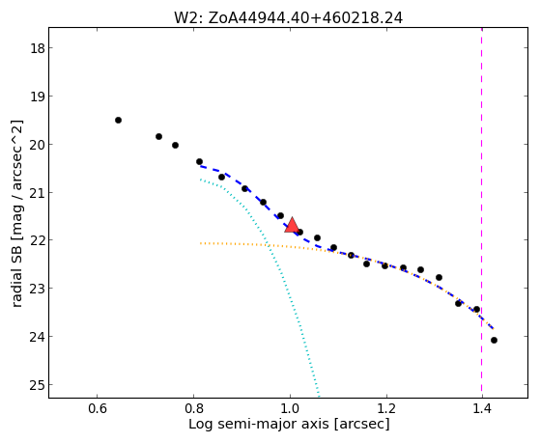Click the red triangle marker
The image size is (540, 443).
[x=292, y=225]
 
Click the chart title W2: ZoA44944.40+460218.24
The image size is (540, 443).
[x=288, y=17]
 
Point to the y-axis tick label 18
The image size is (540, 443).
[x=38, y=48]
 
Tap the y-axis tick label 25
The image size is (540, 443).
[x=38, y=384]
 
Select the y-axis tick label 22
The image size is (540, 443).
[x=38, y=240]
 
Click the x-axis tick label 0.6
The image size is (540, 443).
[x=98, y=408]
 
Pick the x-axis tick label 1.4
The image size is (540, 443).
[x=482, y=408]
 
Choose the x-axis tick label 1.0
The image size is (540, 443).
[x=290, y=408]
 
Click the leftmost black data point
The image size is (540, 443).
[x=118, y=120]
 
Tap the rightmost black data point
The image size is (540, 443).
[x=494, y=340]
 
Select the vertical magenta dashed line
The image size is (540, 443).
[x=481, y=212]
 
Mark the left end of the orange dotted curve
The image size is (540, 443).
[x=200, y=243]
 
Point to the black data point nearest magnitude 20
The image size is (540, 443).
[x=175, y=146]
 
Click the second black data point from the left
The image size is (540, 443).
[x=158, y=136]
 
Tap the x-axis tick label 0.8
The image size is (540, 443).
[x=193, y=408]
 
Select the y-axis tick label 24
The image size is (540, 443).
[x=38, y=337]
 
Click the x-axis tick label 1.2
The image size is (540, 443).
[x=386, y=408]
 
